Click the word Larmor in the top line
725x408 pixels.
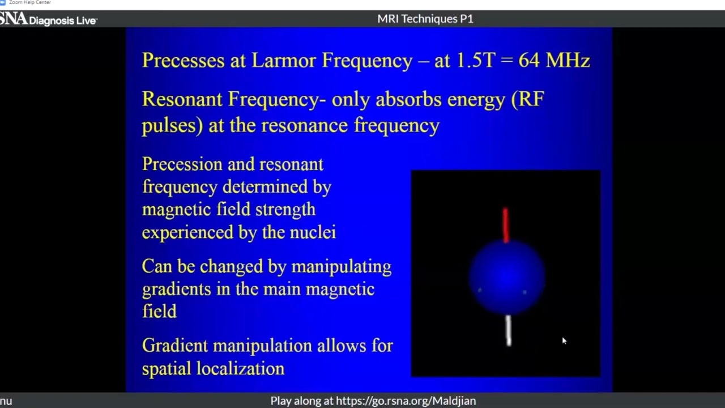click(x=283, y=60)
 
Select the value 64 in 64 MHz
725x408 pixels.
click(x=529, y=60)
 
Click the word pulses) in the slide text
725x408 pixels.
click(x=172, y=126)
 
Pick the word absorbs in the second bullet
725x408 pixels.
click(x=408, y=99)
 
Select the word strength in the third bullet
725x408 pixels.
click(x=285, y=210)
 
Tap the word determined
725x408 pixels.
click(x=265, y=187)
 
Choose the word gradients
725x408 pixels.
click(x=176, y=289)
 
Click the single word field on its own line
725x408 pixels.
click(x=159, y=311)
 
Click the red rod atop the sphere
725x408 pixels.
click(x=506, y=226)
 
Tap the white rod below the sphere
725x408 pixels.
click(x=509, y=330)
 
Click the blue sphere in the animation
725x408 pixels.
click(x=507, y=278)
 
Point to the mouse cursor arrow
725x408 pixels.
click(x=565, y=341)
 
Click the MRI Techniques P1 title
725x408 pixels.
click(x=425, y=19)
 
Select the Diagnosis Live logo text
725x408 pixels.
click(x=63, y=21)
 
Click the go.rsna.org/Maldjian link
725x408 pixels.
click(x=406, y=401)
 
